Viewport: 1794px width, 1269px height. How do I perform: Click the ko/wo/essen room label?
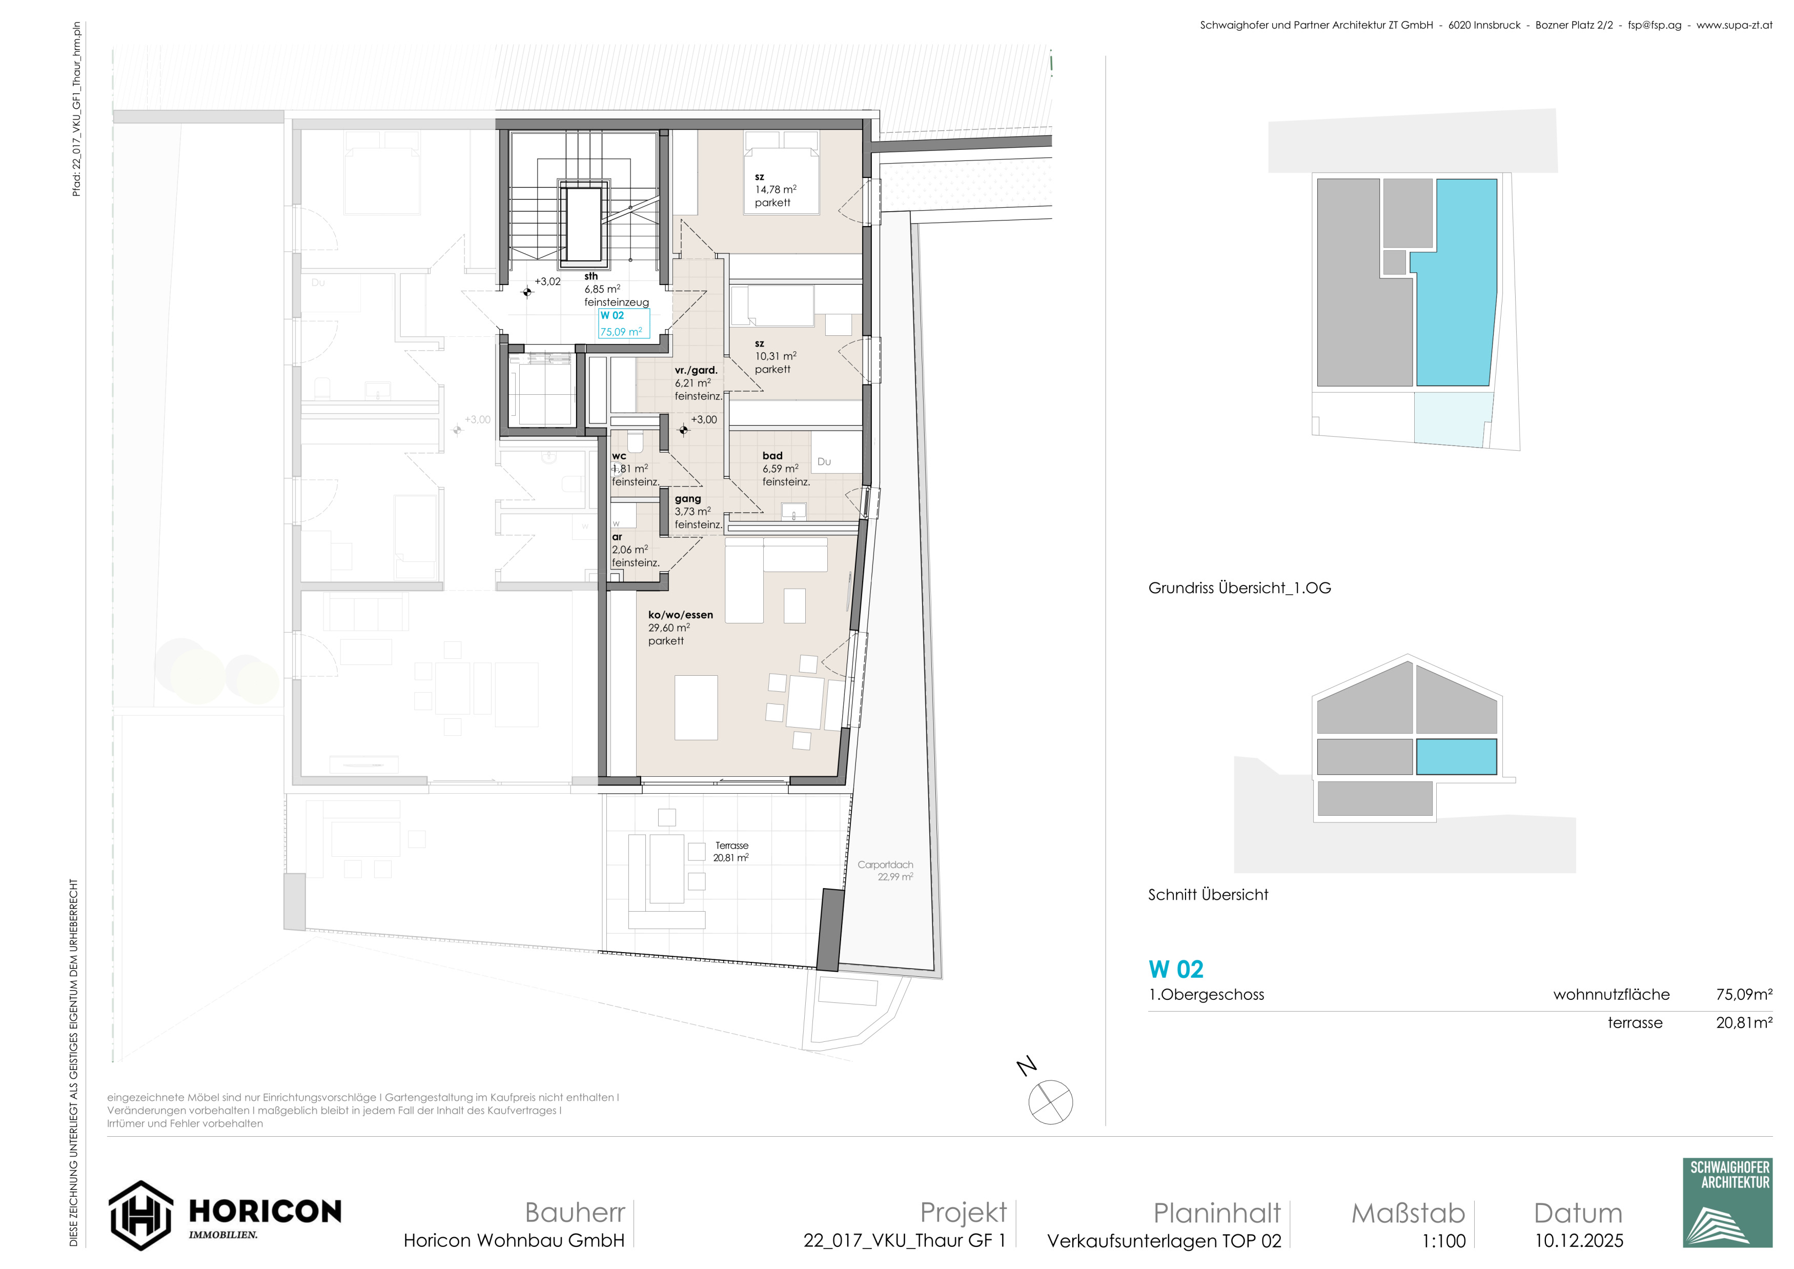[681, 615]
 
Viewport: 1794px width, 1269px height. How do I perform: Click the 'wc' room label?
[619, 456]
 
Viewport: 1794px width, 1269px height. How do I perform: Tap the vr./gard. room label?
[696, 370]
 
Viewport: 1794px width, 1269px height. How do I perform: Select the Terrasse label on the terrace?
[732, 845]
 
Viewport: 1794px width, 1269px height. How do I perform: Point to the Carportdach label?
[885, 865]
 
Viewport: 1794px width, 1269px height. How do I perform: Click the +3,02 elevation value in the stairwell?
[548, 281]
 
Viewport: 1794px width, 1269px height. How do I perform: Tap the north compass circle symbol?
[1051, 1102]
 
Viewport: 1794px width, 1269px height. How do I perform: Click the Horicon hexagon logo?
[140, 1215]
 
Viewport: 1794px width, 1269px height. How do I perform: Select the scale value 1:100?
[1443, 1241]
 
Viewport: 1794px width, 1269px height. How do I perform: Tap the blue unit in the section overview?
[1456, 756]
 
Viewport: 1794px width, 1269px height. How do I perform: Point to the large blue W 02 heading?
[1176, 970]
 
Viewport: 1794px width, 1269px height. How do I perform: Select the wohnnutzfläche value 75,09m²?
[1744, 995]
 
